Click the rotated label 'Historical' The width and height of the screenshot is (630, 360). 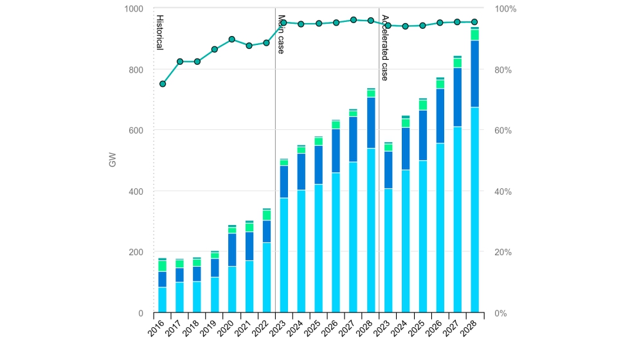click(159, 33)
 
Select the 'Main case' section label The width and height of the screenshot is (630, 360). click(281, 34)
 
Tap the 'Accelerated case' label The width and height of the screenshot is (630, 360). click(384, 48)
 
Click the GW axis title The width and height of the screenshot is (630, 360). click(113, 161)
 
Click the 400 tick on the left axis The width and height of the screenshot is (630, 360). click(137, 192)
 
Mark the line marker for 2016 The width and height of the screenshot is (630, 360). click(163, 84)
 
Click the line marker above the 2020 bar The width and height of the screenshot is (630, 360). click(232, 39)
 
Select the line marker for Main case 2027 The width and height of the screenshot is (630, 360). click(354, 20)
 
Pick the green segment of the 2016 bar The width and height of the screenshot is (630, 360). click(163, 265)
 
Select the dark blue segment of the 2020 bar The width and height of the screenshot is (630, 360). click(232, 249)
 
